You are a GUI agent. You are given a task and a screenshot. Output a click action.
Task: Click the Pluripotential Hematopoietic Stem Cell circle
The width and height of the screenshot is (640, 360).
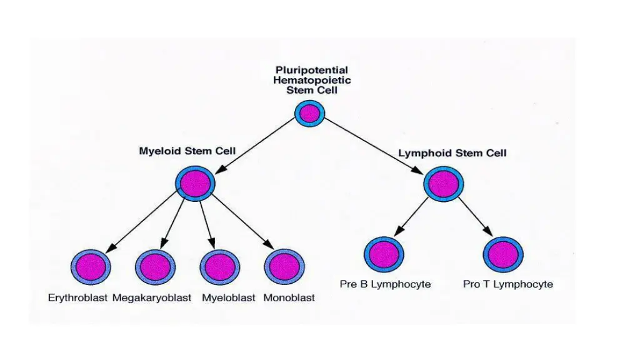tap(310, 114)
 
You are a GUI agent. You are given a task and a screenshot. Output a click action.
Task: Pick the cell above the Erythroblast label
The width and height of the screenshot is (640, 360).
tap(91, 267)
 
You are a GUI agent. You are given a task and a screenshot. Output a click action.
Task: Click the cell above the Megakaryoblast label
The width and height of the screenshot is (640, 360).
tap(154, 267)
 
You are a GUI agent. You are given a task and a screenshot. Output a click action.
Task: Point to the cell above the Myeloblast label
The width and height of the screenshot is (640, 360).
tap(219, 267)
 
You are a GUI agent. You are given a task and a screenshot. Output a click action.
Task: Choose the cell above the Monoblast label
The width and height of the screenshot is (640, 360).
tap(284, 267)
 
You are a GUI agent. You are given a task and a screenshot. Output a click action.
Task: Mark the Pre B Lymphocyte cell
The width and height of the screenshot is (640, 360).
tap(384, 254)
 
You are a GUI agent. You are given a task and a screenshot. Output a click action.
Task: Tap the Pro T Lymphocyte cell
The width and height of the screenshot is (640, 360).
tap(503, 254)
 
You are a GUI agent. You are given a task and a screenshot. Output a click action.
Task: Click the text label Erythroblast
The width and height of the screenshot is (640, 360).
tap(78, 298)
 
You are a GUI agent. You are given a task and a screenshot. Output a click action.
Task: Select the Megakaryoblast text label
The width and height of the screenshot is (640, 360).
tap(152, 298)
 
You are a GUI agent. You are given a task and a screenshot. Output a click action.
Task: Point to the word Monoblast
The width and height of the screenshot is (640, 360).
tap(289, 298)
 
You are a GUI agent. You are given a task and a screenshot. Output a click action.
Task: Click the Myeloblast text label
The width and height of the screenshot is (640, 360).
tap(229, 298)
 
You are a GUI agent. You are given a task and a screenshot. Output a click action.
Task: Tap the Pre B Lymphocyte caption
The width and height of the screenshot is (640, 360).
tap(385, 284)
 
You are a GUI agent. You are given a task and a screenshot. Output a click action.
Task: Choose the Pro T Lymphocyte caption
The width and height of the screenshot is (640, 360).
tap(507, 284)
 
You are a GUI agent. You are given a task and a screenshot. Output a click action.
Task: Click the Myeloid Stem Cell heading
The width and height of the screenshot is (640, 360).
tap(187, 151)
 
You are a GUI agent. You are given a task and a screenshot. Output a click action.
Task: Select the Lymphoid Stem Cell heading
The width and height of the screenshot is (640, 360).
tap(452, 153)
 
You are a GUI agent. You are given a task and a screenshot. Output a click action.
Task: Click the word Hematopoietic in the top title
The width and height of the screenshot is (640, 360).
tap(313, 80)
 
